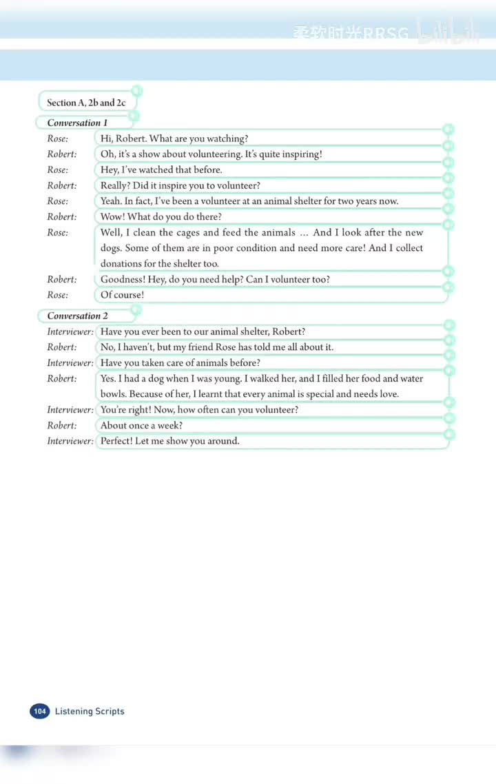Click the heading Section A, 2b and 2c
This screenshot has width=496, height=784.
(x=86, y=103)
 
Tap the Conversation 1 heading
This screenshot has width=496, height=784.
(x=77, y=123)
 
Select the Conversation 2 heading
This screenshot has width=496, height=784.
(x=77, y=316)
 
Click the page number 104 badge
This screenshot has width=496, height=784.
(x=39, y=711)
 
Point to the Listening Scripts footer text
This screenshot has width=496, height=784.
(x=90, y=711)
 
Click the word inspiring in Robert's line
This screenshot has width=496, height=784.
(x=300, y=154)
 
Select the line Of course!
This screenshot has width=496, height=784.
(x=122, y=295)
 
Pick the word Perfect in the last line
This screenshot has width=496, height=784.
(x=116, y=441)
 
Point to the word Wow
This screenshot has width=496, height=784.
(x=112, y=217)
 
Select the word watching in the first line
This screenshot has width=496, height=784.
(x=227, y=138)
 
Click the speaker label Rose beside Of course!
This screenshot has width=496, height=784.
(x=57, y=295)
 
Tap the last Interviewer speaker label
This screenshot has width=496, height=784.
(x=70, y=441)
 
